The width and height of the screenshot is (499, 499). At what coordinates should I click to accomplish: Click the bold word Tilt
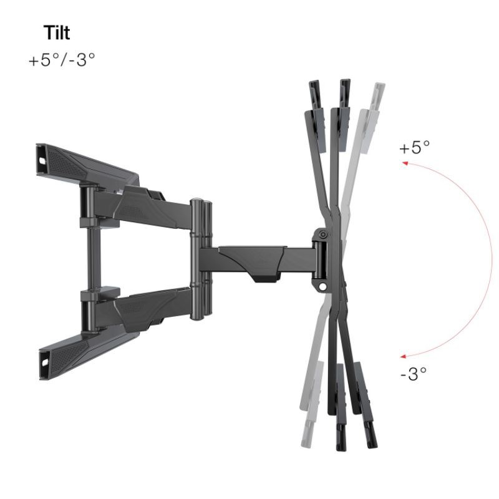click(57, 33)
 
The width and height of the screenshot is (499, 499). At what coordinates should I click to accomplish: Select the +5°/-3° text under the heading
click(62, 59)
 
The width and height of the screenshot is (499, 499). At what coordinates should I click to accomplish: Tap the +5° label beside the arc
click(414, 147)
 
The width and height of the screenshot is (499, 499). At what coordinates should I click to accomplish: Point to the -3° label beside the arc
click(413, 374)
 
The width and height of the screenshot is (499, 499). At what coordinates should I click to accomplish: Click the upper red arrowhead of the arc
click(405, 163)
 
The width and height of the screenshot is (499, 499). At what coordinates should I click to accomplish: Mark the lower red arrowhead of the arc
click(403, 356)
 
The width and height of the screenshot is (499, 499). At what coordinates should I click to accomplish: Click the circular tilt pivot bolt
click(323, 235)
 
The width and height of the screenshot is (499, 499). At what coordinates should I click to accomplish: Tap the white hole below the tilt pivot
click(322, 286)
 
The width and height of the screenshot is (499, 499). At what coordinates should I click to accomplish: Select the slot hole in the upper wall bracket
click(42, 161)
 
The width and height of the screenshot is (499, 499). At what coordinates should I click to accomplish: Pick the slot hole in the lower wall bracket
click(44, 362)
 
